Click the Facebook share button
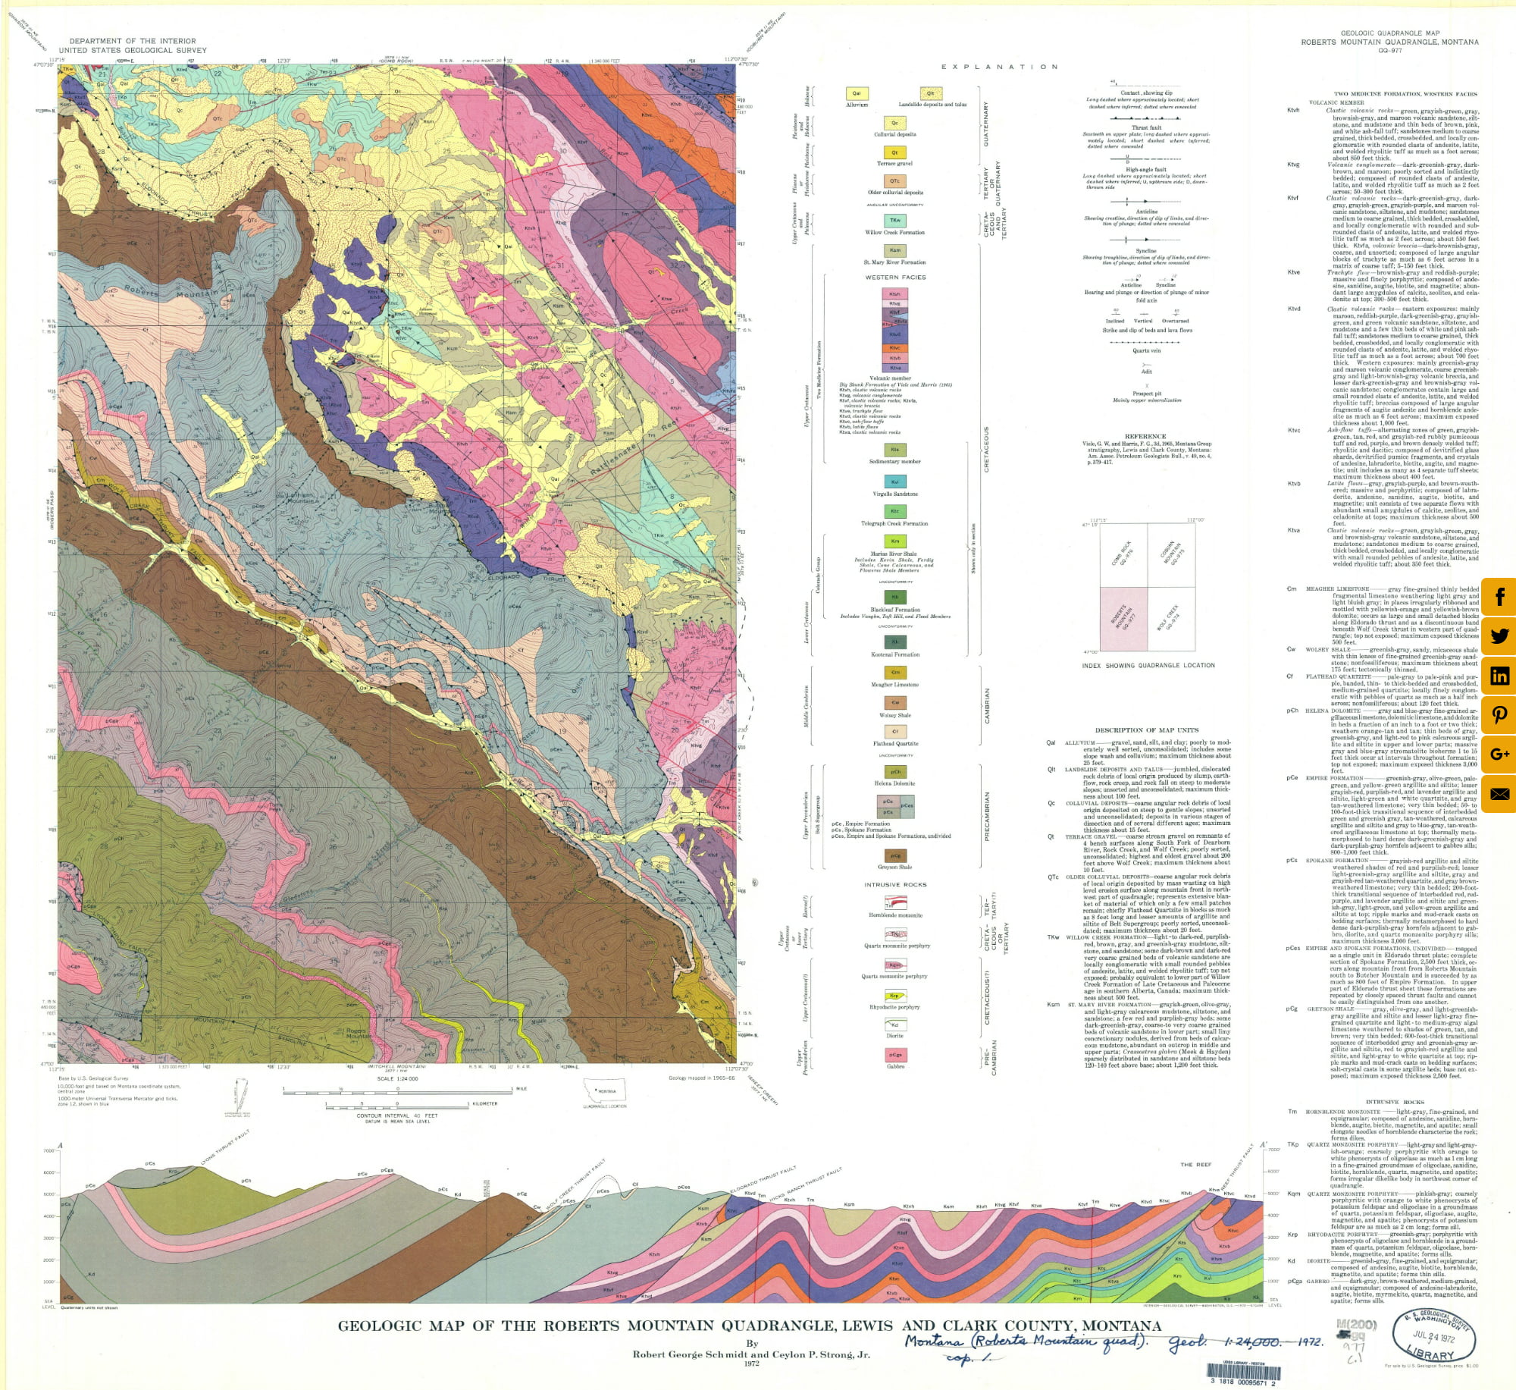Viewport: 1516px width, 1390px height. click(x=1499, y=597)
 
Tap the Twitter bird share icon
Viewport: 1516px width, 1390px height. click(x=1499, y=636)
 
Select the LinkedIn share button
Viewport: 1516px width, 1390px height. click(x=1499, y=676)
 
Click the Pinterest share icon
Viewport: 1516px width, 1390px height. click(x=1499, y=715)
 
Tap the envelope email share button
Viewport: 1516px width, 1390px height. click(x=1499, y=794)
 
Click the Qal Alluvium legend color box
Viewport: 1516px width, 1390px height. click(x=857, y=94)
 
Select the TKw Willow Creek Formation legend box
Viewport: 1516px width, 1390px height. click(x=894, y=221)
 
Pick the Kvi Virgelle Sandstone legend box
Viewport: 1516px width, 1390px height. click(x=894, y=482)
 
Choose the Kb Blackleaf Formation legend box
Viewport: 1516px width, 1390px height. click(x=894, y=598)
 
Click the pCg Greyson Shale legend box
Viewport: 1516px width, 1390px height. click(x=894, y=855)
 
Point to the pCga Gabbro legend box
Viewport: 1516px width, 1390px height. click(x=895, y=1054)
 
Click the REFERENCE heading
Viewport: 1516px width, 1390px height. click(x=1145, y=436)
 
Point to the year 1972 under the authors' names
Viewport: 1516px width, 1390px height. click(x=751, y=1363)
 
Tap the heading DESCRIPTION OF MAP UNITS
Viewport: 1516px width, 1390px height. click(x=1145, y=730)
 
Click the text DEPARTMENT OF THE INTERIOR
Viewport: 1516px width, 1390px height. click(x=133, y=41)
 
